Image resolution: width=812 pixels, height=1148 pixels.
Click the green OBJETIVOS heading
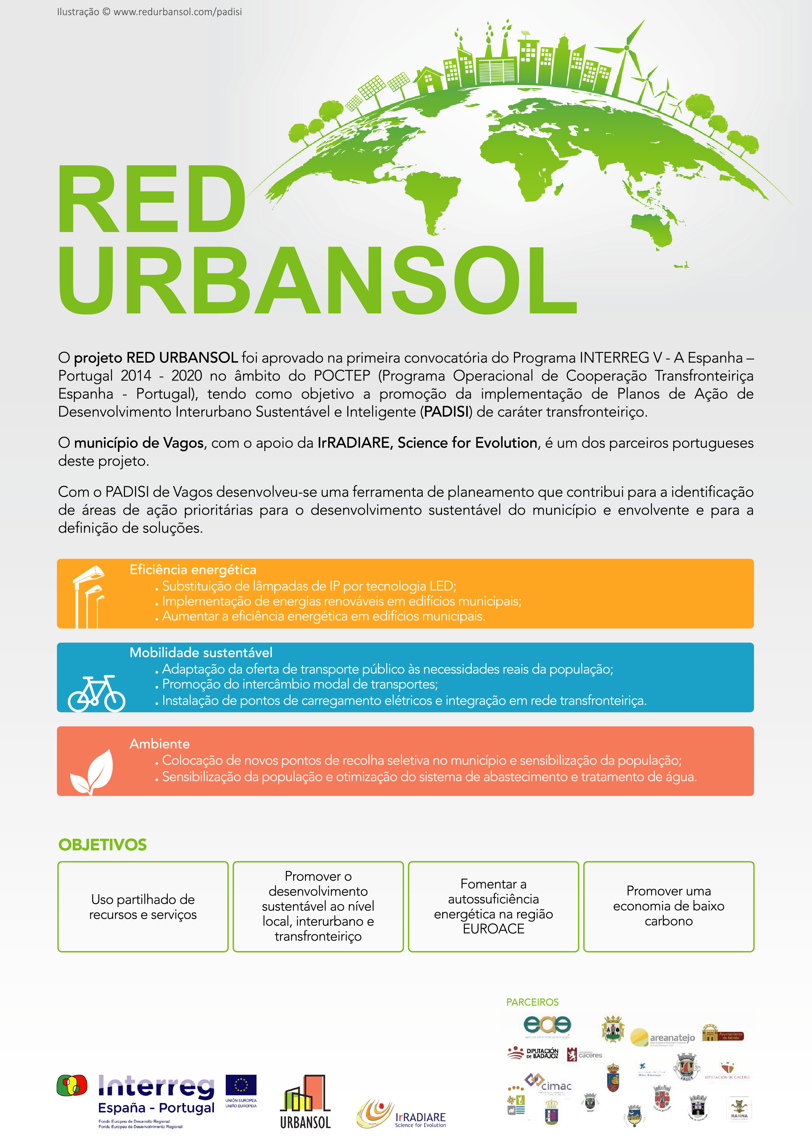[102, 844]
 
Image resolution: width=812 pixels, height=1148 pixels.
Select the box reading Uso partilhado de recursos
[143, 907]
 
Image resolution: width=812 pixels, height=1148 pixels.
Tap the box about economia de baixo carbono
[668, 907]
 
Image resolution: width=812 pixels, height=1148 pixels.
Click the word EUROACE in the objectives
[493, 929]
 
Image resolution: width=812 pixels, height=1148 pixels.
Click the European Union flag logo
[241, 1086]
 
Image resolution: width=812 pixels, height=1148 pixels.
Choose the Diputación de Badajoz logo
[533, 1053]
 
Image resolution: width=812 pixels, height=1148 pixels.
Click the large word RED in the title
[151, 200]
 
